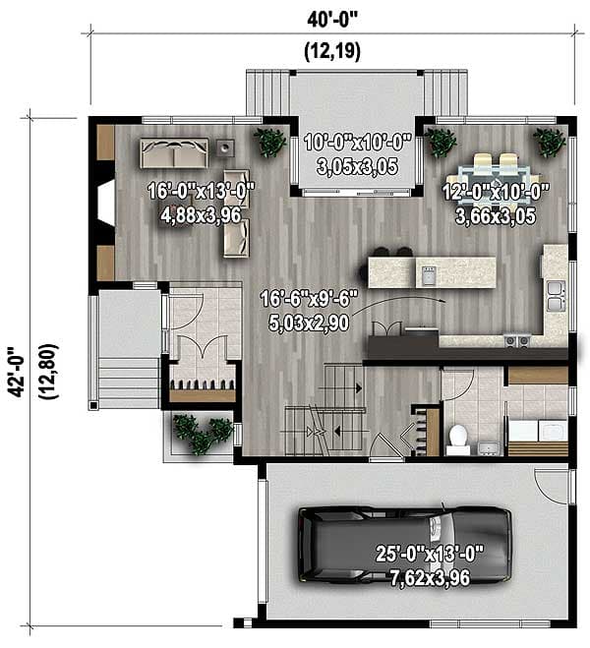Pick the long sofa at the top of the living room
(x=176, y=153)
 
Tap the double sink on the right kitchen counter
(x=556, y=290)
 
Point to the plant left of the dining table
(x=442, y=144)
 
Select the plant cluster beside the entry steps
(x=202, y=433)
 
